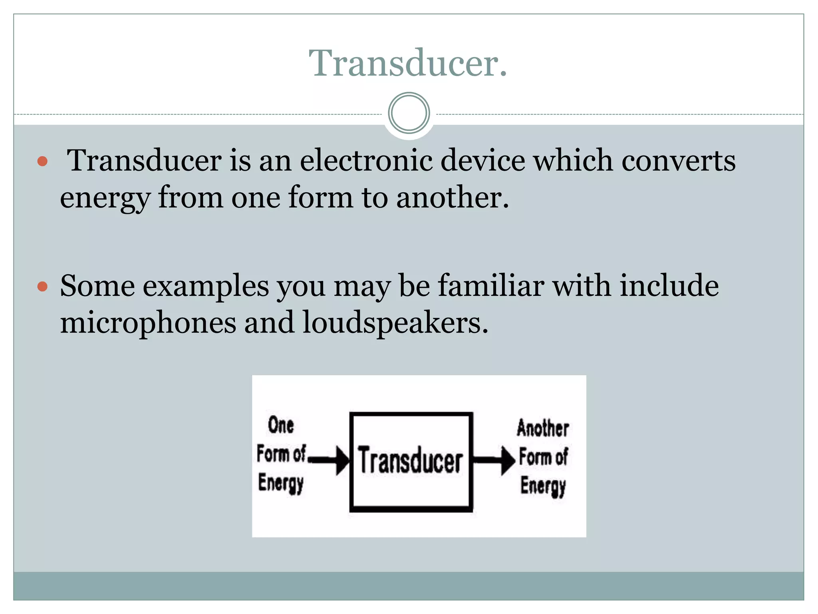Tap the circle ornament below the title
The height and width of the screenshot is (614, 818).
[x=409, y=113]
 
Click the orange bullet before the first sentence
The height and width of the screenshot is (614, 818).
[x=42, y=161]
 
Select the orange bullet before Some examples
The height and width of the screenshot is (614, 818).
[x=42, y=287]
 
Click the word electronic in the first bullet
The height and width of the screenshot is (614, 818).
[x=366, y=161]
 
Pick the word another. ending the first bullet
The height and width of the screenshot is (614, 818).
[x=453, y=197]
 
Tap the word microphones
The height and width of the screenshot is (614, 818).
[x=148, y=323]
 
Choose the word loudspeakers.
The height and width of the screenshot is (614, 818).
[x=395, y=323]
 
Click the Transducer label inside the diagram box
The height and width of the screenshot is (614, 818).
[x=411, y=461]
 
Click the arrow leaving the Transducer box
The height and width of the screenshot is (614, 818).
[x=494, y=460]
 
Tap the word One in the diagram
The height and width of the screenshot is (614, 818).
[x=281, y=425]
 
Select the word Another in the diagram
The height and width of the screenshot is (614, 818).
[x=543, y=429]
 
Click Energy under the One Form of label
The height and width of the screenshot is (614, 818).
[x=281, y=483]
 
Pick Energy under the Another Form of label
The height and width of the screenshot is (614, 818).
[x=543, y=486]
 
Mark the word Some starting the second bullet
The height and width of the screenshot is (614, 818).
[x=97, y=286]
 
